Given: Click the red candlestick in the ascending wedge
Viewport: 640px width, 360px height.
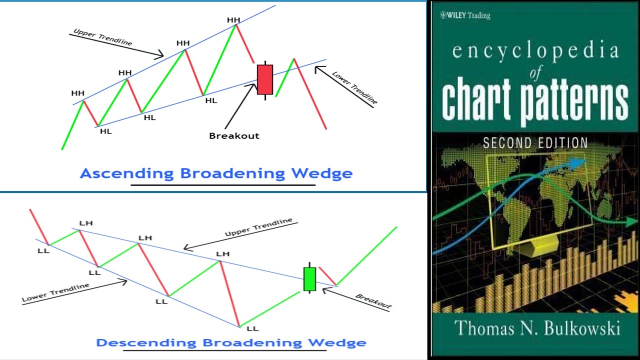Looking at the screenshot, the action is pyautogui.click(x=265, y=79).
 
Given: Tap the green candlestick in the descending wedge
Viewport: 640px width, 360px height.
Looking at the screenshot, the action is pyautogui.click(x=310, y=279).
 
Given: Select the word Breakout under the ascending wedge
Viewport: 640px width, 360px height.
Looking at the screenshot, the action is pyautogui.click(x=234, y=135).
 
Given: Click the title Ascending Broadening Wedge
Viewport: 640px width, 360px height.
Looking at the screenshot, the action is pyautogui.click(x=216, y=173).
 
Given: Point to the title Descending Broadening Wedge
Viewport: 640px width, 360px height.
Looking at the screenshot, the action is pyautogui.click(x=231, y=343).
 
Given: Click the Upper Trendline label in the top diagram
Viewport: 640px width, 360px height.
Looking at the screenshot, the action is pyautogui.click(x=102, y=37).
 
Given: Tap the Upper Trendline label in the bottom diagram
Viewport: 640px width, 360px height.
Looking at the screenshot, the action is pyautogui.click(x=258, y=227).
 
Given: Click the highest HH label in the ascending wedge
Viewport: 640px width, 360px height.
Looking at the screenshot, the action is pyautogui.click(x=233, y=20).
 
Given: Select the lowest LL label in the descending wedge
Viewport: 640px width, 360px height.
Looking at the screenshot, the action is pyautogui.click(x=252, y=328).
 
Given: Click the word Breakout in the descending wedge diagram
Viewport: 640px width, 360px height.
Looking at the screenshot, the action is pyautogui.click(x=373, y=301).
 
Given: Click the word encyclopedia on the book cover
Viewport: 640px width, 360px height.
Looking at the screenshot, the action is pyautogui.click(x=535, y=52).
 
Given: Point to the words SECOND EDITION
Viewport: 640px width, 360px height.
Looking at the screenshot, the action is pyautogui.click(x=534, y=143).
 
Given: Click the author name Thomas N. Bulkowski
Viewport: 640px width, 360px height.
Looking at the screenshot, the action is pyautogui.click(x=537, y=328).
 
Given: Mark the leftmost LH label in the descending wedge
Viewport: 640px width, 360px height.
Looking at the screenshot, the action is pyautogui.click(x=86, y=223).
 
